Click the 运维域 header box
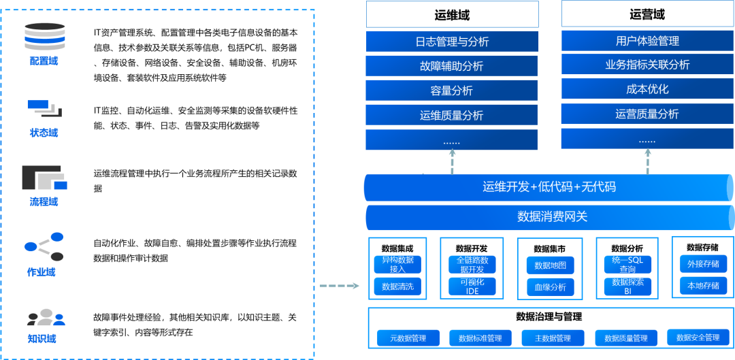tap(452, 14)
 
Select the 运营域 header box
tap(647, 14)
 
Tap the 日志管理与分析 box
tap(452, 42)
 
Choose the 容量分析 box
tap(452, 91)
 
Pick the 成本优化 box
tap(647, 89)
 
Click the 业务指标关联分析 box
tap(647, 65)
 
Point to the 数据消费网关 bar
tap(551, 217)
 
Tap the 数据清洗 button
tap(397, 287)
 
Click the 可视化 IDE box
tap(472, 287)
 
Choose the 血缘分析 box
tap(550, 287)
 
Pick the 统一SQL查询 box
tap(627, 265)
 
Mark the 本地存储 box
tap(703, 285)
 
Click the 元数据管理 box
tap(408, 338)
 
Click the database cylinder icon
tap(44, 37)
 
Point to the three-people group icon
tap(46, 317)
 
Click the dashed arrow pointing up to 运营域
tap(647, 161)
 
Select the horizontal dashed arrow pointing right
tap(339, 285)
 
